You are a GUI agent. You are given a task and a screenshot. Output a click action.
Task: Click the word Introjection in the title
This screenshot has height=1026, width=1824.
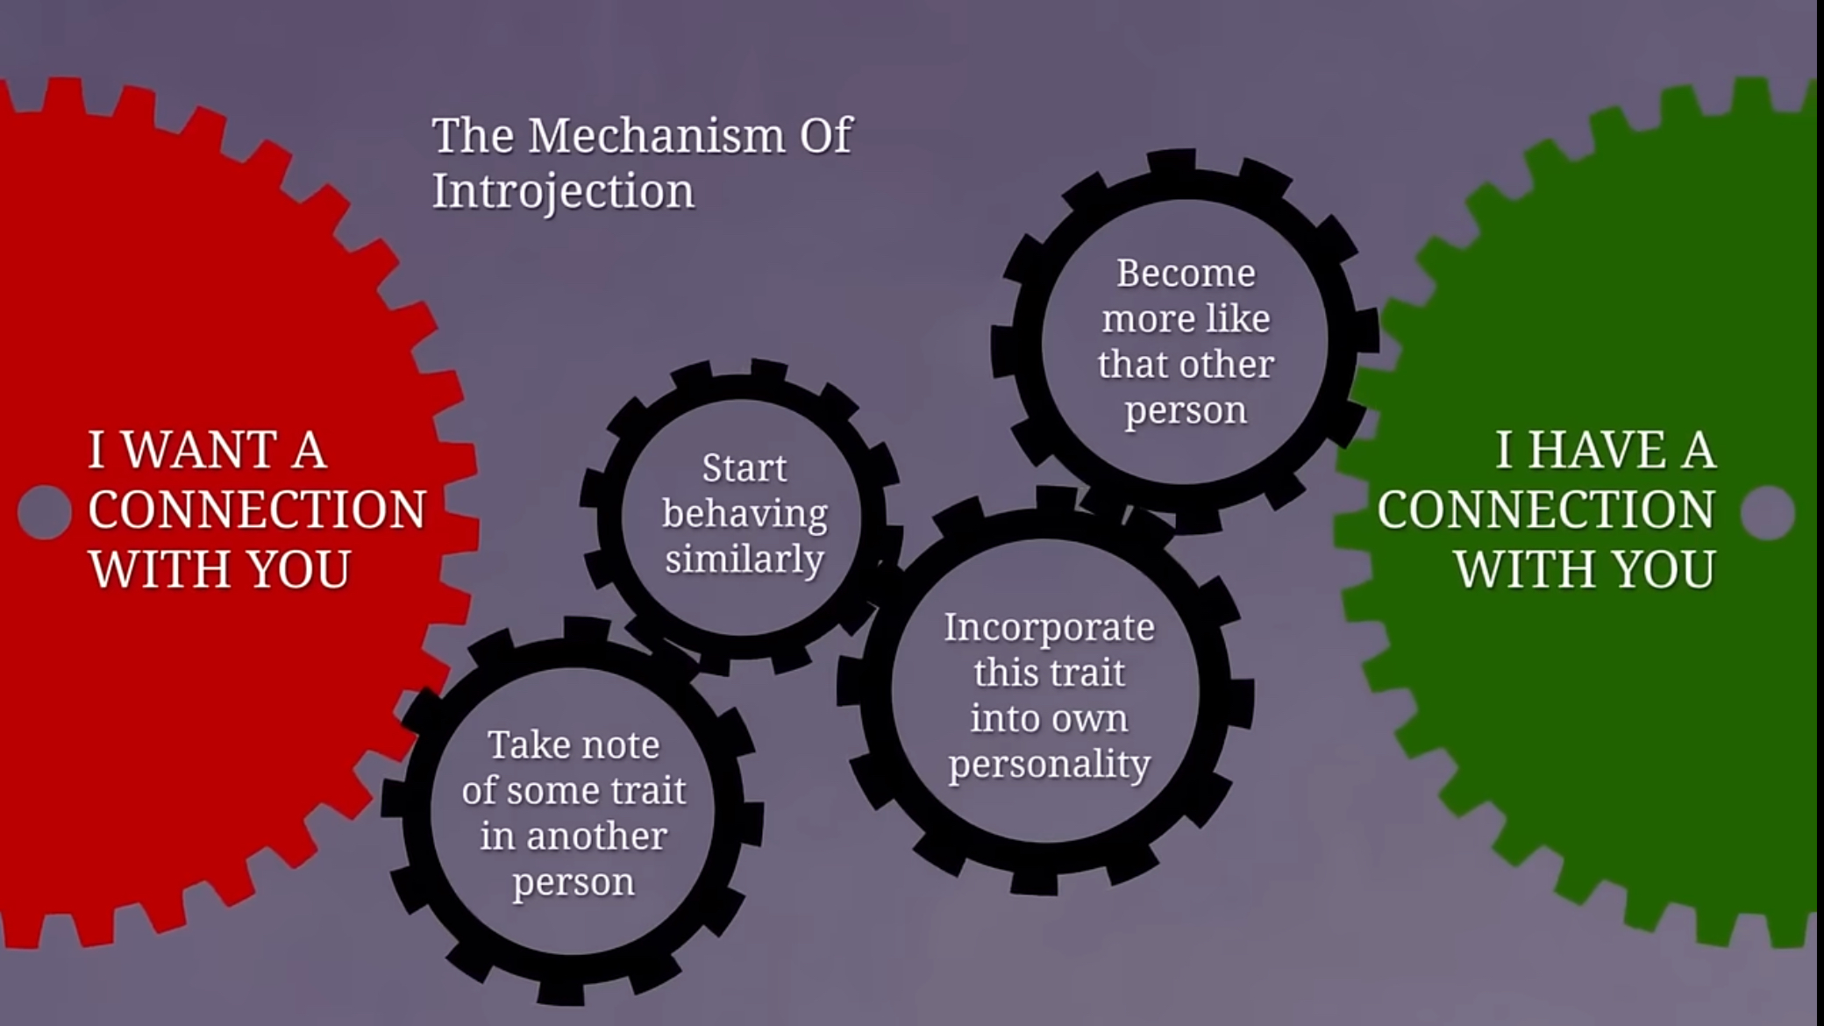point(563,191)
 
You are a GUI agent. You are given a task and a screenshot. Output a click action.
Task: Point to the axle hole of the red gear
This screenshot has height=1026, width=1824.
point(44,512)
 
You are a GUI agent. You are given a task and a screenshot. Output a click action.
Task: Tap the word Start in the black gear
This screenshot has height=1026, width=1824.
point(744,467)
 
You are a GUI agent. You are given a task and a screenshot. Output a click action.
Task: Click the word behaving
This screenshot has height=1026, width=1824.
point(744,514)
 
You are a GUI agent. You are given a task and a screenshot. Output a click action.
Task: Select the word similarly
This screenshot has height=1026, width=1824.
point(744,559)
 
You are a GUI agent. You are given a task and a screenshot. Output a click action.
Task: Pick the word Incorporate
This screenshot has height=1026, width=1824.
point(1049,627)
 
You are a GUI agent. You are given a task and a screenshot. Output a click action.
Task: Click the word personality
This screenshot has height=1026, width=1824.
point(1049,764)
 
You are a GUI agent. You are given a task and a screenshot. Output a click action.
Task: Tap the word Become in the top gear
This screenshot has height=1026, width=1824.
point(1186,274)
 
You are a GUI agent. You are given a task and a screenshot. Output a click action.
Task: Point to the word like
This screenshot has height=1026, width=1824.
point(1238,318)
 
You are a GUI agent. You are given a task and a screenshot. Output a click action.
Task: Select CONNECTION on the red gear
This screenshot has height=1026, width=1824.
point(257,509)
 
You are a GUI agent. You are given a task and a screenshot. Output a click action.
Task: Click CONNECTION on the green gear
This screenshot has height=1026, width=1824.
point(1545,509)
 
